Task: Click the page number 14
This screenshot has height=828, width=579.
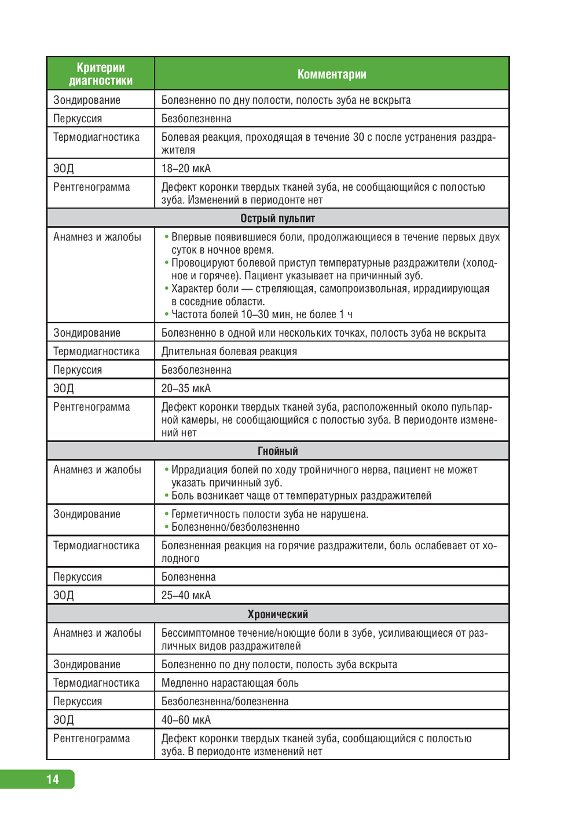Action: pyautogui.click(x=53, y=779)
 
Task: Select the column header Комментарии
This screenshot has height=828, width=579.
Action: pyautogui.click(x=332, y=74)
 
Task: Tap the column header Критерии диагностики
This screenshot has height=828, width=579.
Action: pyautogui.click(x=101, y=74)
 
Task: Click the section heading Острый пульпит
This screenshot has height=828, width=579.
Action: pyautogui.click(x=277, y=218)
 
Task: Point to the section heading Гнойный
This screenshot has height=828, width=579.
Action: pyautogui.click(x=277, y=451)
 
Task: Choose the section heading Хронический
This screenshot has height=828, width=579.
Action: pyautogui.click(x=277, y=614)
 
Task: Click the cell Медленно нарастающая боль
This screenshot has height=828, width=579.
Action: pyautogui.click(x=230, y=683)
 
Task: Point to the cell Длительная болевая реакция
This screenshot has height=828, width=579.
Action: pyautogui.click(x=229, y=351)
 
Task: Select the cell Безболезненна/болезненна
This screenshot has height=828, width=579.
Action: pyautogui.click(x=225, y=701)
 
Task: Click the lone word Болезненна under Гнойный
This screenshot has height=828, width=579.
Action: pyautogui.click(x=188, y=577)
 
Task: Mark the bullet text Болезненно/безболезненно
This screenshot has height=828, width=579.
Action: pyautogui.click(x=235, y=527)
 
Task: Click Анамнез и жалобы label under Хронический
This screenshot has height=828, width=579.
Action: pyautogui.click(x=97, y=633)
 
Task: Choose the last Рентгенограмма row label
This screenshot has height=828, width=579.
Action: pyautogui.click(x=91, y=738)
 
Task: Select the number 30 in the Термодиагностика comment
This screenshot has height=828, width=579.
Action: pyautogui.click(x=358, y=137)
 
